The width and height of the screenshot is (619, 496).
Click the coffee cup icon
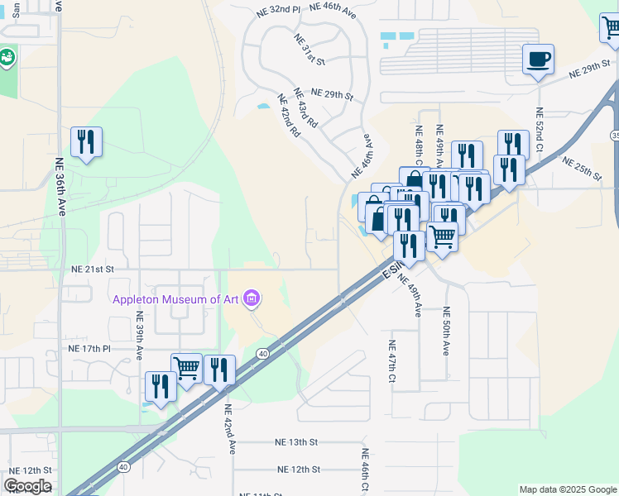[x=538, y=60]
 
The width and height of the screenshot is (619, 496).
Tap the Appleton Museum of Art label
[x=177, y=299]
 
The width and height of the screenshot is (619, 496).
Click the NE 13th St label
[x=297, y=443]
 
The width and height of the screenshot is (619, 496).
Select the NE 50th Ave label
[x=445, y=331]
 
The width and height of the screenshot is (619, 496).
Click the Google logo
[x=27, y=486]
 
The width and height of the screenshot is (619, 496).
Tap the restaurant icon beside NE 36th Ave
[x=86, y=142]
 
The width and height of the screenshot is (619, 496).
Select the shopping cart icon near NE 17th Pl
[x=186, y=369]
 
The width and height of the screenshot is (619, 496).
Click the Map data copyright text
[x=567, y=489]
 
